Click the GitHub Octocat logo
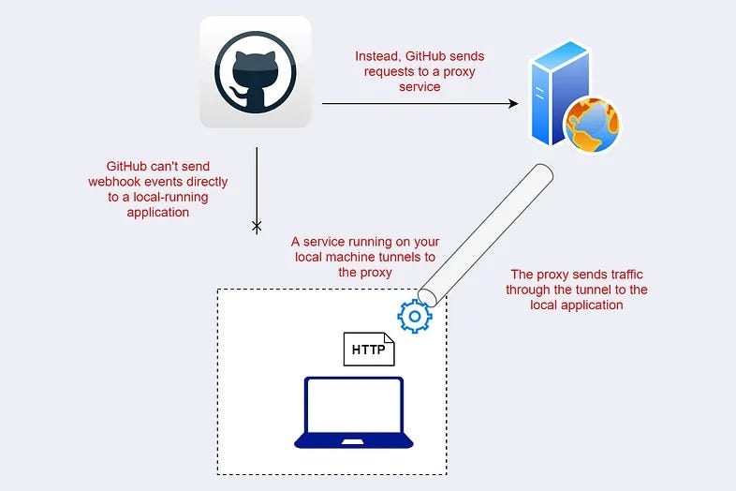[x=255, y=71]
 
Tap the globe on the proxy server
[x=592, y=125]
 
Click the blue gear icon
[x=414, y=317]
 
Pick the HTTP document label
[x=367, y=350]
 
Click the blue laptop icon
[x=354, y=412]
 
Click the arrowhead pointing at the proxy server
[x=512, y=103]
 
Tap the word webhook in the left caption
[x=115, y=182]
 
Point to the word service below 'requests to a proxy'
[x=419, y=86]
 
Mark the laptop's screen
[x=354, y=405]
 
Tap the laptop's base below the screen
[x=354, y=441]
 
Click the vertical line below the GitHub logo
[x=256, y=183]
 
